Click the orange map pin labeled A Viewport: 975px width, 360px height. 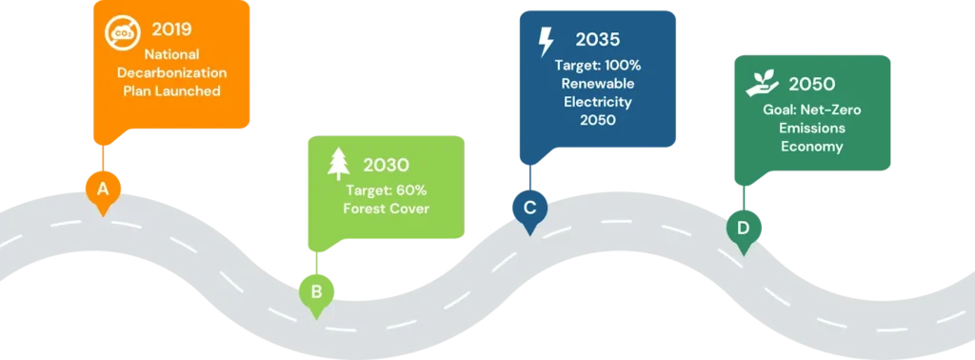pyautogui.click(x=102, y=190)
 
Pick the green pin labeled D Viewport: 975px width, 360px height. pyautogui.click(x=743, y=229)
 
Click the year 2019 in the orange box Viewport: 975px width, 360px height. pyautogui.click(x=171, y=29)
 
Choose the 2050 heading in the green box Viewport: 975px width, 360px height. pyautogui.click(x=812, y=84)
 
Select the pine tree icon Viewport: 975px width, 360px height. pyautogui.click(x=338, y=163)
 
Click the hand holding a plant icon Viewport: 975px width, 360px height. pyautogui.click(x=762, y=84)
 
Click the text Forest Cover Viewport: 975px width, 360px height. pyautogui.click(x=387, y=208)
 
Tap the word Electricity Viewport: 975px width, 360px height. pyautogui.click(x=597, y=101)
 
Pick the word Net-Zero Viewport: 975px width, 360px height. pyautogui.click(x=831, y=110)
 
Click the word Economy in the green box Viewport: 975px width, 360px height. pyautogui.click(x=811, y=147)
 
